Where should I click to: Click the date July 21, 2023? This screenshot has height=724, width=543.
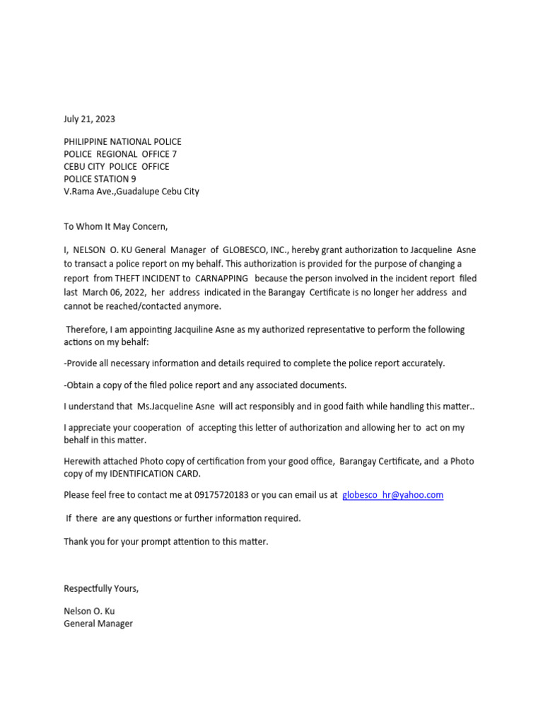click(x=89, y=119)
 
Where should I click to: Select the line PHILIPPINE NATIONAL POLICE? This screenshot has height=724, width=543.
click(x=122, y=141)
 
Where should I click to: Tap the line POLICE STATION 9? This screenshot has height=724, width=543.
click(x=100, y=179)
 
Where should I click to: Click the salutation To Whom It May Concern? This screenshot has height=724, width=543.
click(x=116, y=226)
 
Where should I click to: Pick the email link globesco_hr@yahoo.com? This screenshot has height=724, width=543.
click(x=392, y=495)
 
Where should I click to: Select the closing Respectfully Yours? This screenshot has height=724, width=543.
click(x=101, y=588)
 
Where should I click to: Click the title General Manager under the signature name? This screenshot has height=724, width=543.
click(x=98, y=624)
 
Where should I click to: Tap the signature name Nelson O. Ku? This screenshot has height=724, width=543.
click(x=89, y=611)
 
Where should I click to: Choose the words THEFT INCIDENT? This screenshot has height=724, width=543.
click(x=153, y=279)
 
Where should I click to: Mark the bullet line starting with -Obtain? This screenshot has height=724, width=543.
click(x=205, y=385)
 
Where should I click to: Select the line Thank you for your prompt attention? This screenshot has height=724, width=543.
click(x=166, y=542)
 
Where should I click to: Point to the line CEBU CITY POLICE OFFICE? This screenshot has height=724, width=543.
click(x=117, y=166)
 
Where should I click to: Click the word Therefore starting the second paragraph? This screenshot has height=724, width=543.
click(x=88, y=329)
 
